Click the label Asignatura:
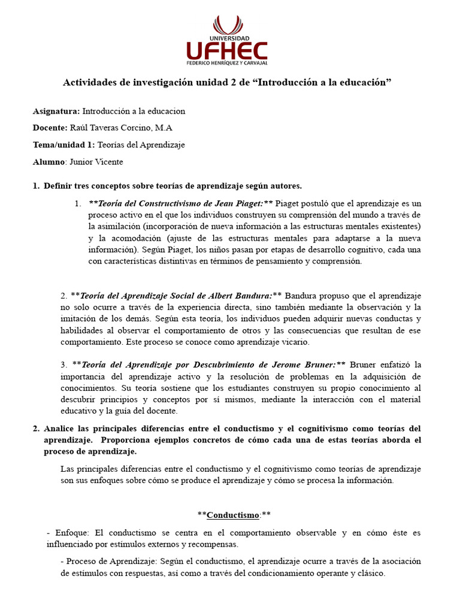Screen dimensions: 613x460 click(56, 111)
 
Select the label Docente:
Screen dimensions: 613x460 click(50, 128)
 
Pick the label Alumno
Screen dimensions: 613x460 click(48, 162)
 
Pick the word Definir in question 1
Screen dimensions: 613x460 click(58, 186)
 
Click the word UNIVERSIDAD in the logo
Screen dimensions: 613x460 click(227, 37)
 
